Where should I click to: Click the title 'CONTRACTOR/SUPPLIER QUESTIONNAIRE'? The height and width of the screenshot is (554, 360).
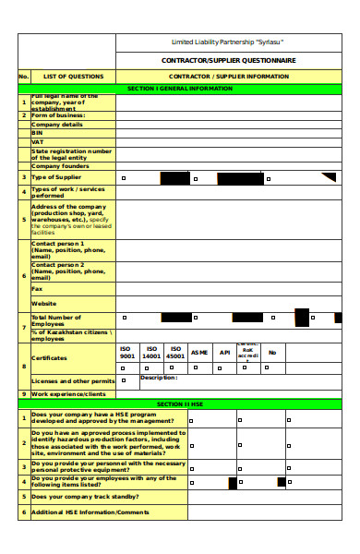230,60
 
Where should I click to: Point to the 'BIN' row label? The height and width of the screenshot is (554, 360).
39,133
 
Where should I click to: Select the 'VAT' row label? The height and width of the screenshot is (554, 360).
39,142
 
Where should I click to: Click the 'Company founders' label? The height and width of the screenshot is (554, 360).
60,166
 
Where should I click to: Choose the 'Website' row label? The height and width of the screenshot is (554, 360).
44,303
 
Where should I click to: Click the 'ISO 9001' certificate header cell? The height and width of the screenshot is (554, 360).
127,352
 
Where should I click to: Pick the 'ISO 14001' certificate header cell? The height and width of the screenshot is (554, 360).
151,352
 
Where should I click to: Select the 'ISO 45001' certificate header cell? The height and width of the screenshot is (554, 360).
175,352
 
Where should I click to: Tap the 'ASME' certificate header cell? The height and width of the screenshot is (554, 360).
199,352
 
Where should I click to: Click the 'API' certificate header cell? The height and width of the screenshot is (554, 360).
224,352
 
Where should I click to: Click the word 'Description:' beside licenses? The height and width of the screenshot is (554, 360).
158,378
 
